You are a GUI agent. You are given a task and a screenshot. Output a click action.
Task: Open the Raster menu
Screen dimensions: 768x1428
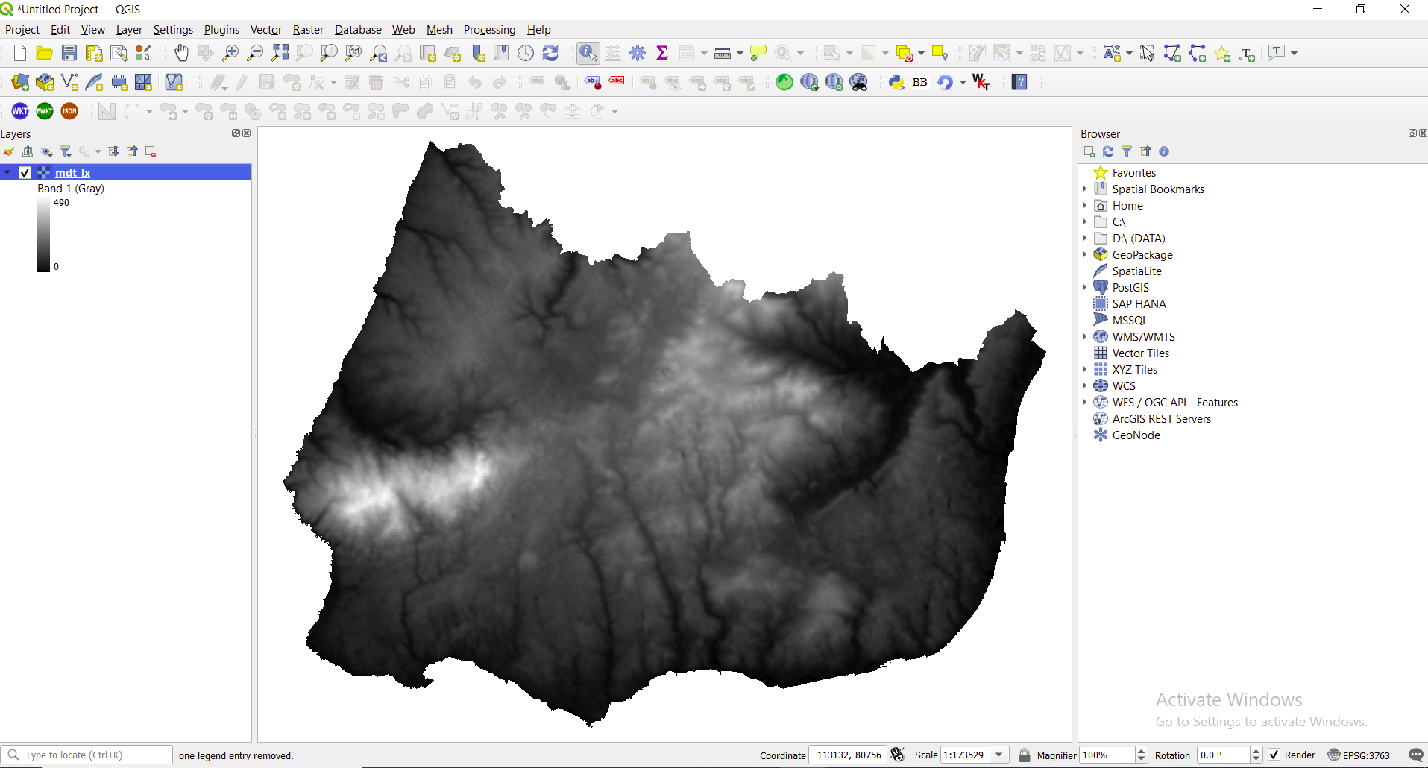coord(308,30)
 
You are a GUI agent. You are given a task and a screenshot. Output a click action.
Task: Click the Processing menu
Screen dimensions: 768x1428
coord(489,30)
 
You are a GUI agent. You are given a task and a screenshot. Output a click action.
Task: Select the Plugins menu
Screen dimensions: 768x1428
coord(221,30)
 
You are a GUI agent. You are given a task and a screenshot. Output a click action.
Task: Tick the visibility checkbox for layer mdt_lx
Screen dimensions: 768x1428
coord(25,172)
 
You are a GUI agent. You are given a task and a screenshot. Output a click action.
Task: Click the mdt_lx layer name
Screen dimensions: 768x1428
coord(73,172)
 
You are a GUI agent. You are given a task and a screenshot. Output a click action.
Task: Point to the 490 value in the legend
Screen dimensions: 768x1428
coord(61,203)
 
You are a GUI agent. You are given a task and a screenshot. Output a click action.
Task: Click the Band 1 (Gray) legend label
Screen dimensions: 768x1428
coord(71,189)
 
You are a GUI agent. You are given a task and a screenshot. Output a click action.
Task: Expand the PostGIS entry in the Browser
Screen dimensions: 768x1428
coord(1085,287)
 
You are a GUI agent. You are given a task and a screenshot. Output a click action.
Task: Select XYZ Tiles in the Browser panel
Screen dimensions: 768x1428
coord(1134,370)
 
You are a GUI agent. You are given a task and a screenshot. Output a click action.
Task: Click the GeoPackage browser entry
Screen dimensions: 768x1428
coord(1142,255)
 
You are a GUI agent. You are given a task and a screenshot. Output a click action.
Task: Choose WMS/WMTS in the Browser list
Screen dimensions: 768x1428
coord(1143,337)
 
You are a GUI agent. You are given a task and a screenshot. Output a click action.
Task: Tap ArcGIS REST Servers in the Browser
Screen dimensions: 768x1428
coord(1161,419)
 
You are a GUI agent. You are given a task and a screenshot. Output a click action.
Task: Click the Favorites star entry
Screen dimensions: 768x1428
coord(1133,173)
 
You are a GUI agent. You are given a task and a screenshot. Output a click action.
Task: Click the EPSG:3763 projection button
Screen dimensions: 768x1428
coord(1359,755)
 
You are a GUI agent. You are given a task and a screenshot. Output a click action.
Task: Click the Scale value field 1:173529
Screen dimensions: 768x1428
coord(965,755)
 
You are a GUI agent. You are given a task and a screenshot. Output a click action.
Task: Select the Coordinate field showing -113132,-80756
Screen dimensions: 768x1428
coord(847,755)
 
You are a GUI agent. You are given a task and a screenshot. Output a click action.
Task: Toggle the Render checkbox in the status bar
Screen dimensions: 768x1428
coord(1274,755)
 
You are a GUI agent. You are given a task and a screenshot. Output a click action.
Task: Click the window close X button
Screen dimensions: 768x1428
coord(1405,10)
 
